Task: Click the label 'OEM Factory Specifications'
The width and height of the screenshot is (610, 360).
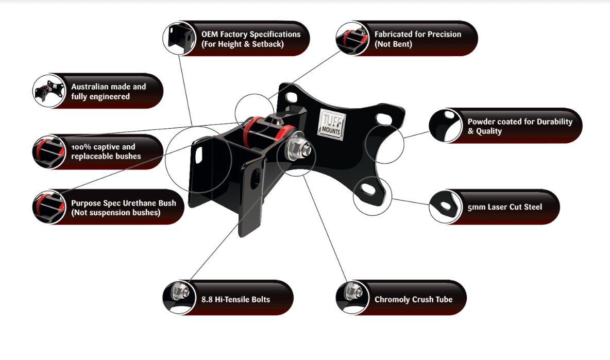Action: [x=251, y=39]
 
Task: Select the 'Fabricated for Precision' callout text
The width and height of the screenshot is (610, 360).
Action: [x=417, y=39]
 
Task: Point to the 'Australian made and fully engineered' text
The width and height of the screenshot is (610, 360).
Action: [x=109, y=92]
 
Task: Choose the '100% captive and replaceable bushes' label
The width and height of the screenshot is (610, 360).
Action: [x=106, y=151]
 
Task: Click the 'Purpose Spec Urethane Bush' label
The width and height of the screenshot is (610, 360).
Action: [x=123, y=208]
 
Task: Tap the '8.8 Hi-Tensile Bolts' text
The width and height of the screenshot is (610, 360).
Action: [x=235, y=299]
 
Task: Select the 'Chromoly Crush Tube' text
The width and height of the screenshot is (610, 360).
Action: [x=413, y=299]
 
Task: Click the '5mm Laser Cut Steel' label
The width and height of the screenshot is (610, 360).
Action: [x=505, y=207]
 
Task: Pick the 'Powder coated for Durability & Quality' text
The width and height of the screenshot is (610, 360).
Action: [x=519, y=126]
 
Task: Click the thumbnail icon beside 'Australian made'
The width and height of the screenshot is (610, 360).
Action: [x=48, y=92]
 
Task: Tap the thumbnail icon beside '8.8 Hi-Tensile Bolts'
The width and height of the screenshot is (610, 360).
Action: [x=178, y=298]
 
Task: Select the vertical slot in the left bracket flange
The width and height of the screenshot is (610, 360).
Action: [x=199, y=155]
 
